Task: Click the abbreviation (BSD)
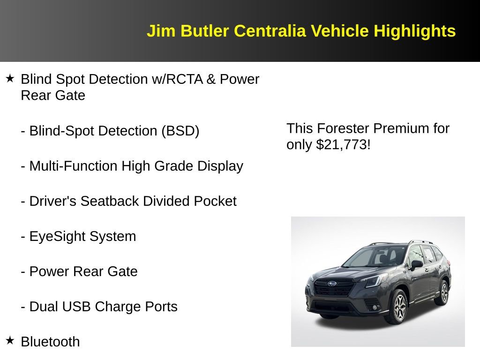180,131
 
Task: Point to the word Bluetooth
50,342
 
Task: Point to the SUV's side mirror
415,265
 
